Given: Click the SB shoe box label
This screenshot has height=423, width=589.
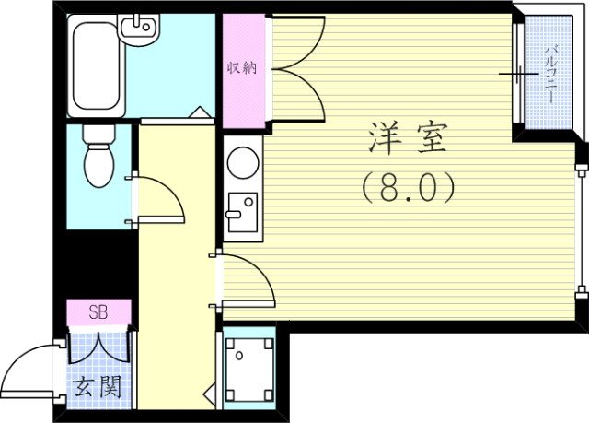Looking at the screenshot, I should pos(98,312).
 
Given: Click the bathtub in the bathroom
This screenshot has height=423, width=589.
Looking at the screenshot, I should pos(99,65).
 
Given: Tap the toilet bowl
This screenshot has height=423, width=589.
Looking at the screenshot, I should pos(97,161).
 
